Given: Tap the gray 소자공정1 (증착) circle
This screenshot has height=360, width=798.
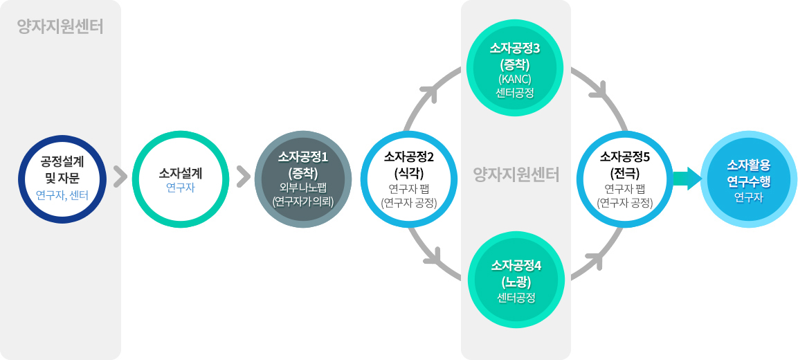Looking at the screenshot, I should (304, 178).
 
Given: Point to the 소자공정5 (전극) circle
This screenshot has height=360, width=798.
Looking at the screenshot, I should (625, 178).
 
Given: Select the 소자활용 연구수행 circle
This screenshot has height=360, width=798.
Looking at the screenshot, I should (748, 178).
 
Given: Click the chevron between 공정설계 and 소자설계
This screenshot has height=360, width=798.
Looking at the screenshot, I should (120, 177).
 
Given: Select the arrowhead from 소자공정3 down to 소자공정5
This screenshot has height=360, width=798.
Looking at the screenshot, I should (597, 91).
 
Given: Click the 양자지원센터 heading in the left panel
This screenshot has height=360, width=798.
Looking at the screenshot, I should (60, 28).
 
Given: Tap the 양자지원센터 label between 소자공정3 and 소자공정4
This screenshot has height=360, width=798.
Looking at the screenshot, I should (516, 174).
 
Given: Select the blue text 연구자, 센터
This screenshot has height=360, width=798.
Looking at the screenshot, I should (62, 195).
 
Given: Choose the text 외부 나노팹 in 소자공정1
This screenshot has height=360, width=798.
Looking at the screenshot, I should (303, 188).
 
